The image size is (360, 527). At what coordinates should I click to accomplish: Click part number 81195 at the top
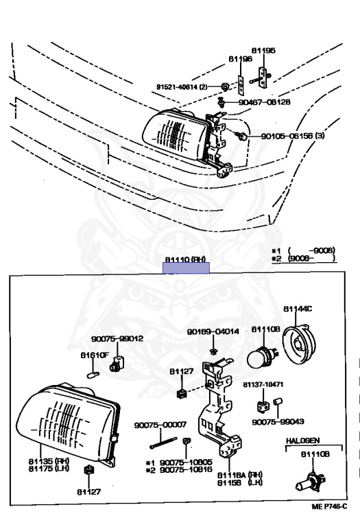point(263,50)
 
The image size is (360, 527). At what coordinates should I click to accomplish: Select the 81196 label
point(240,59)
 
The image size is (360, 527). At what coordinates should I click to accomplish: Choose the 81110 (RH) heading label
point(185,260)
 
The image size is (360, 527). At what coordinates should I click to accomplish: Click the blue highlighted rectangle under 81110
point(186,268)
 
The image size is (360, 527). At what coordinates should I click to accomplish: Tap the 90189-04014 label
point(213,331)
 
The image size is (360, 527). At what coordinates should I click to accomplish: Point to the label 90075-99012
point(117,338)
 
